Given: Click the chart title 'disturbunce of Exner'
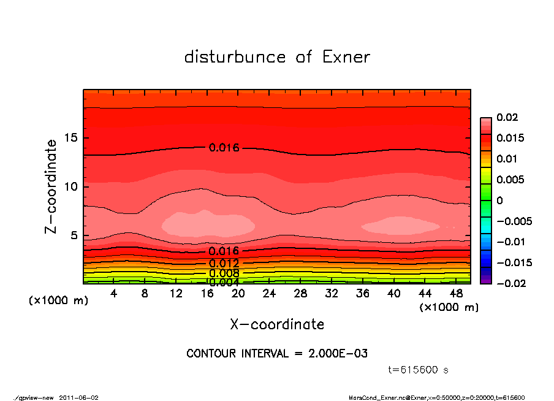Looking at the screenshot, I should (x=277, y=57).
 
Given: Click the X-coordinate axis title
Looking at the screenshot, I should (x=277, y=324).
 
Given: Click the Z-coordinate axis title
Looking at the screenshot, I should (x=51, y=186).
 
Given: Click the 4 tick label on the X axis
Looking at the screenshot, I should (x=113, y=294).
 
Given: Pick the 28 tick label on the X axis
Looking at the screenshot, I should (x=300, y=294).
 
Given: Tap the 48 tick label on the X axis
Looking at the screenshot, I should (x=456, y=294).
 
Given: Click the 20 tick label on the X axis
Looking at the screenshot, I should (x=238, y=294).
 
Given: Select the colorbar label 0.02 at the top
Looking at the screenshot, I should (x=507, y=117).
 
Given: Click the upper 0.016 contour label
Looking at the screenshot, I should (x=224, y=148).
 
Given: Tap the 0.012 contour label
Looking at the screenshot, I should (x=224, y=263).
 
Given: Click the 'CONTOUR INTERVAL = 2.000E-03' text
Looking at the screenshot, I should (x=277, y=354).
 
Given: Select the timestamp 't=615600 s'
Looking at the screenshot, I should (x=419, y=370).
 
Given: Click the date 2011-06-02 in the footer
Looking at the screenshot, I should (x=78, y=397).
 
